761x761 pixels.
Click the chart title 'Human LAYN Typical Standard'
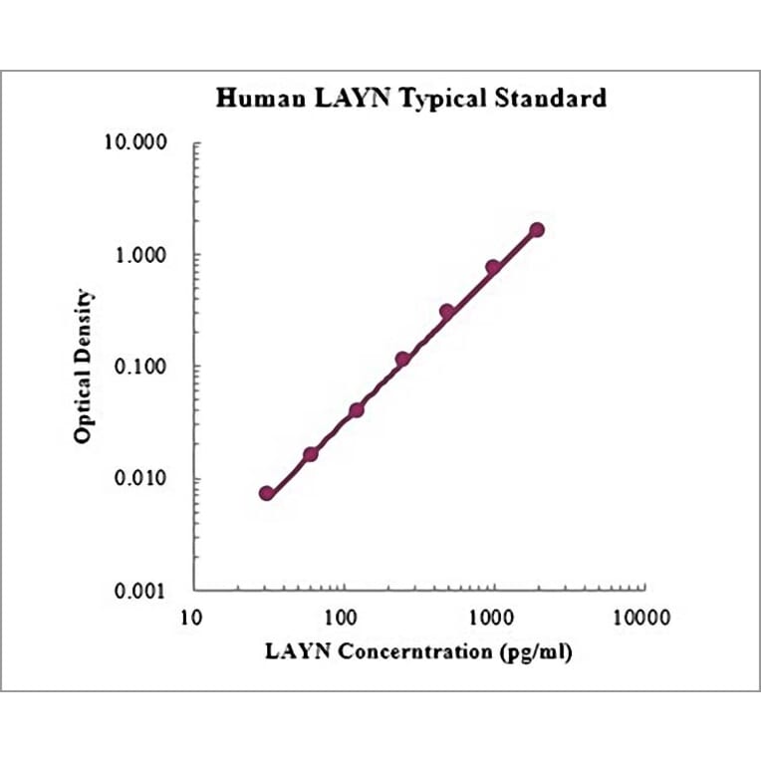[411, 99]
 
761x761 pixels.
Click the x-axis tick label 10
[192, 618]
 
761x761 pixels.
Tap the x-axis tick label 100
[343, 618]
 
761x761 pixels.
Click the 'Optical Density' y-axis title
[85, 367]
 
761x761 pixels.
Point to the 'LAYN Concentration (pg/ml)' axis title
[419, 652]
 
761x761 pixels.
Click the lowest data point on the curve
[266, 493]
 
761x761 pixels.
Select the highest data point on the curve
[537, 229]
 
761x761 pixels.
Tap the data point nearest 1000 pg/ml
[493, 267]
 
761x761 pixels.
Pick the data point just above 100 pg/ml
[357, 409]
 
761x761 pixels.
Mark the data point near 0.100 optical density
[402, 359]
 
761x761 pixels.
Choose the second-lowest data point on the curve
[311, 454]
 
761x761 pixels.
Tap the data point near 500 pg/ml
[447, 312]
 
